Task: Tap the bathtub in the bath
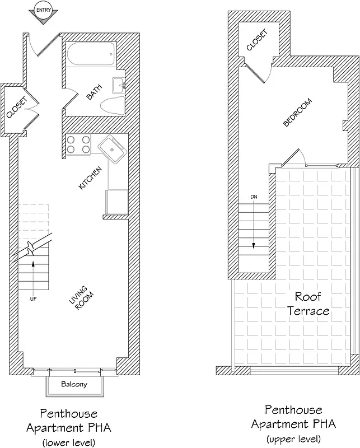pos(91,55)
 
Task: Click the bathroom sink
pos(118,85)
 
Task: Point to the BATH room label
pos(95,92)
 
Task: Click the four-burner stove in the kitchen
pos(78,145)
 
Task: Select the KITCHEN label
pos(90,178)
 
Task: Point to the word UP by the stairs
pos(33,299)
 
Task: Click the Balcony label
pos(74,385)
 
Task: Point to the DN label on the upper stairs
pos(254,197)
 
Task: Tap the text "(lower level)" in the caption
pos(68,443)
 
